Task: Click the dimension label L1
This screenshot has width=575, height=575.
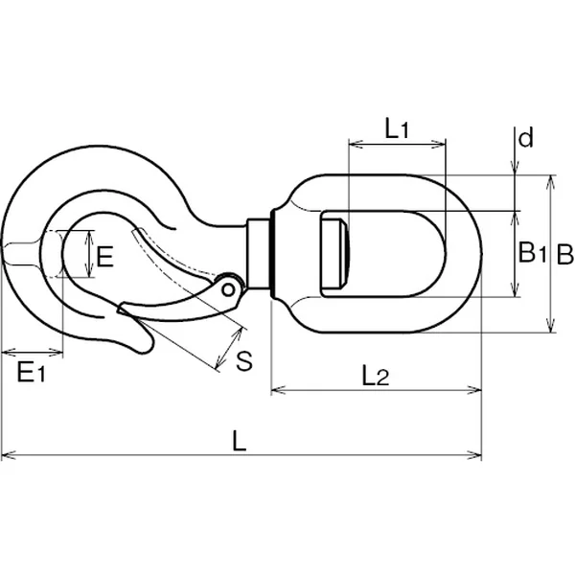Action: (397, 128)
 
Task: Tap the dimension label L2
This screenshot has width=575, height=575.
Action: (375, 376)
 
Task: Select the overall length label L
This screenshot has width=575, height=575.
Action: (239, 441)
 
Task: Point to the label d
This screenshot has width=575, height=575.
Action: (526, 137)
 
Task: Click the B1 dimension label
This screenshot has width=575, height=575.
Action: (533, 253)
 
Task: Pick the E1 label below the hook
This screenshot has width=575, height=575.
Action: (32, 372)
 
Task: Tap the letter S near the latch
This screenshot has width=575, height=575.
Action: (244, 361)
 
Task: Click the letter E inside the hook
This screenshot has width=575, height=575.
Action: (104, 256)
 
